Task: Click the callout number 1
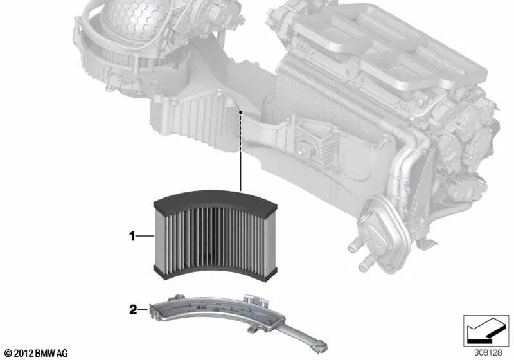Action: [132, 237]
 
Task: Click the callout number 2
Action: [133, 310]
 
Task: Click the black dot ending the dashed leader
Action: [240, 112]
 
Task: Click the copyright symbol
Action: [7, 352]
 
